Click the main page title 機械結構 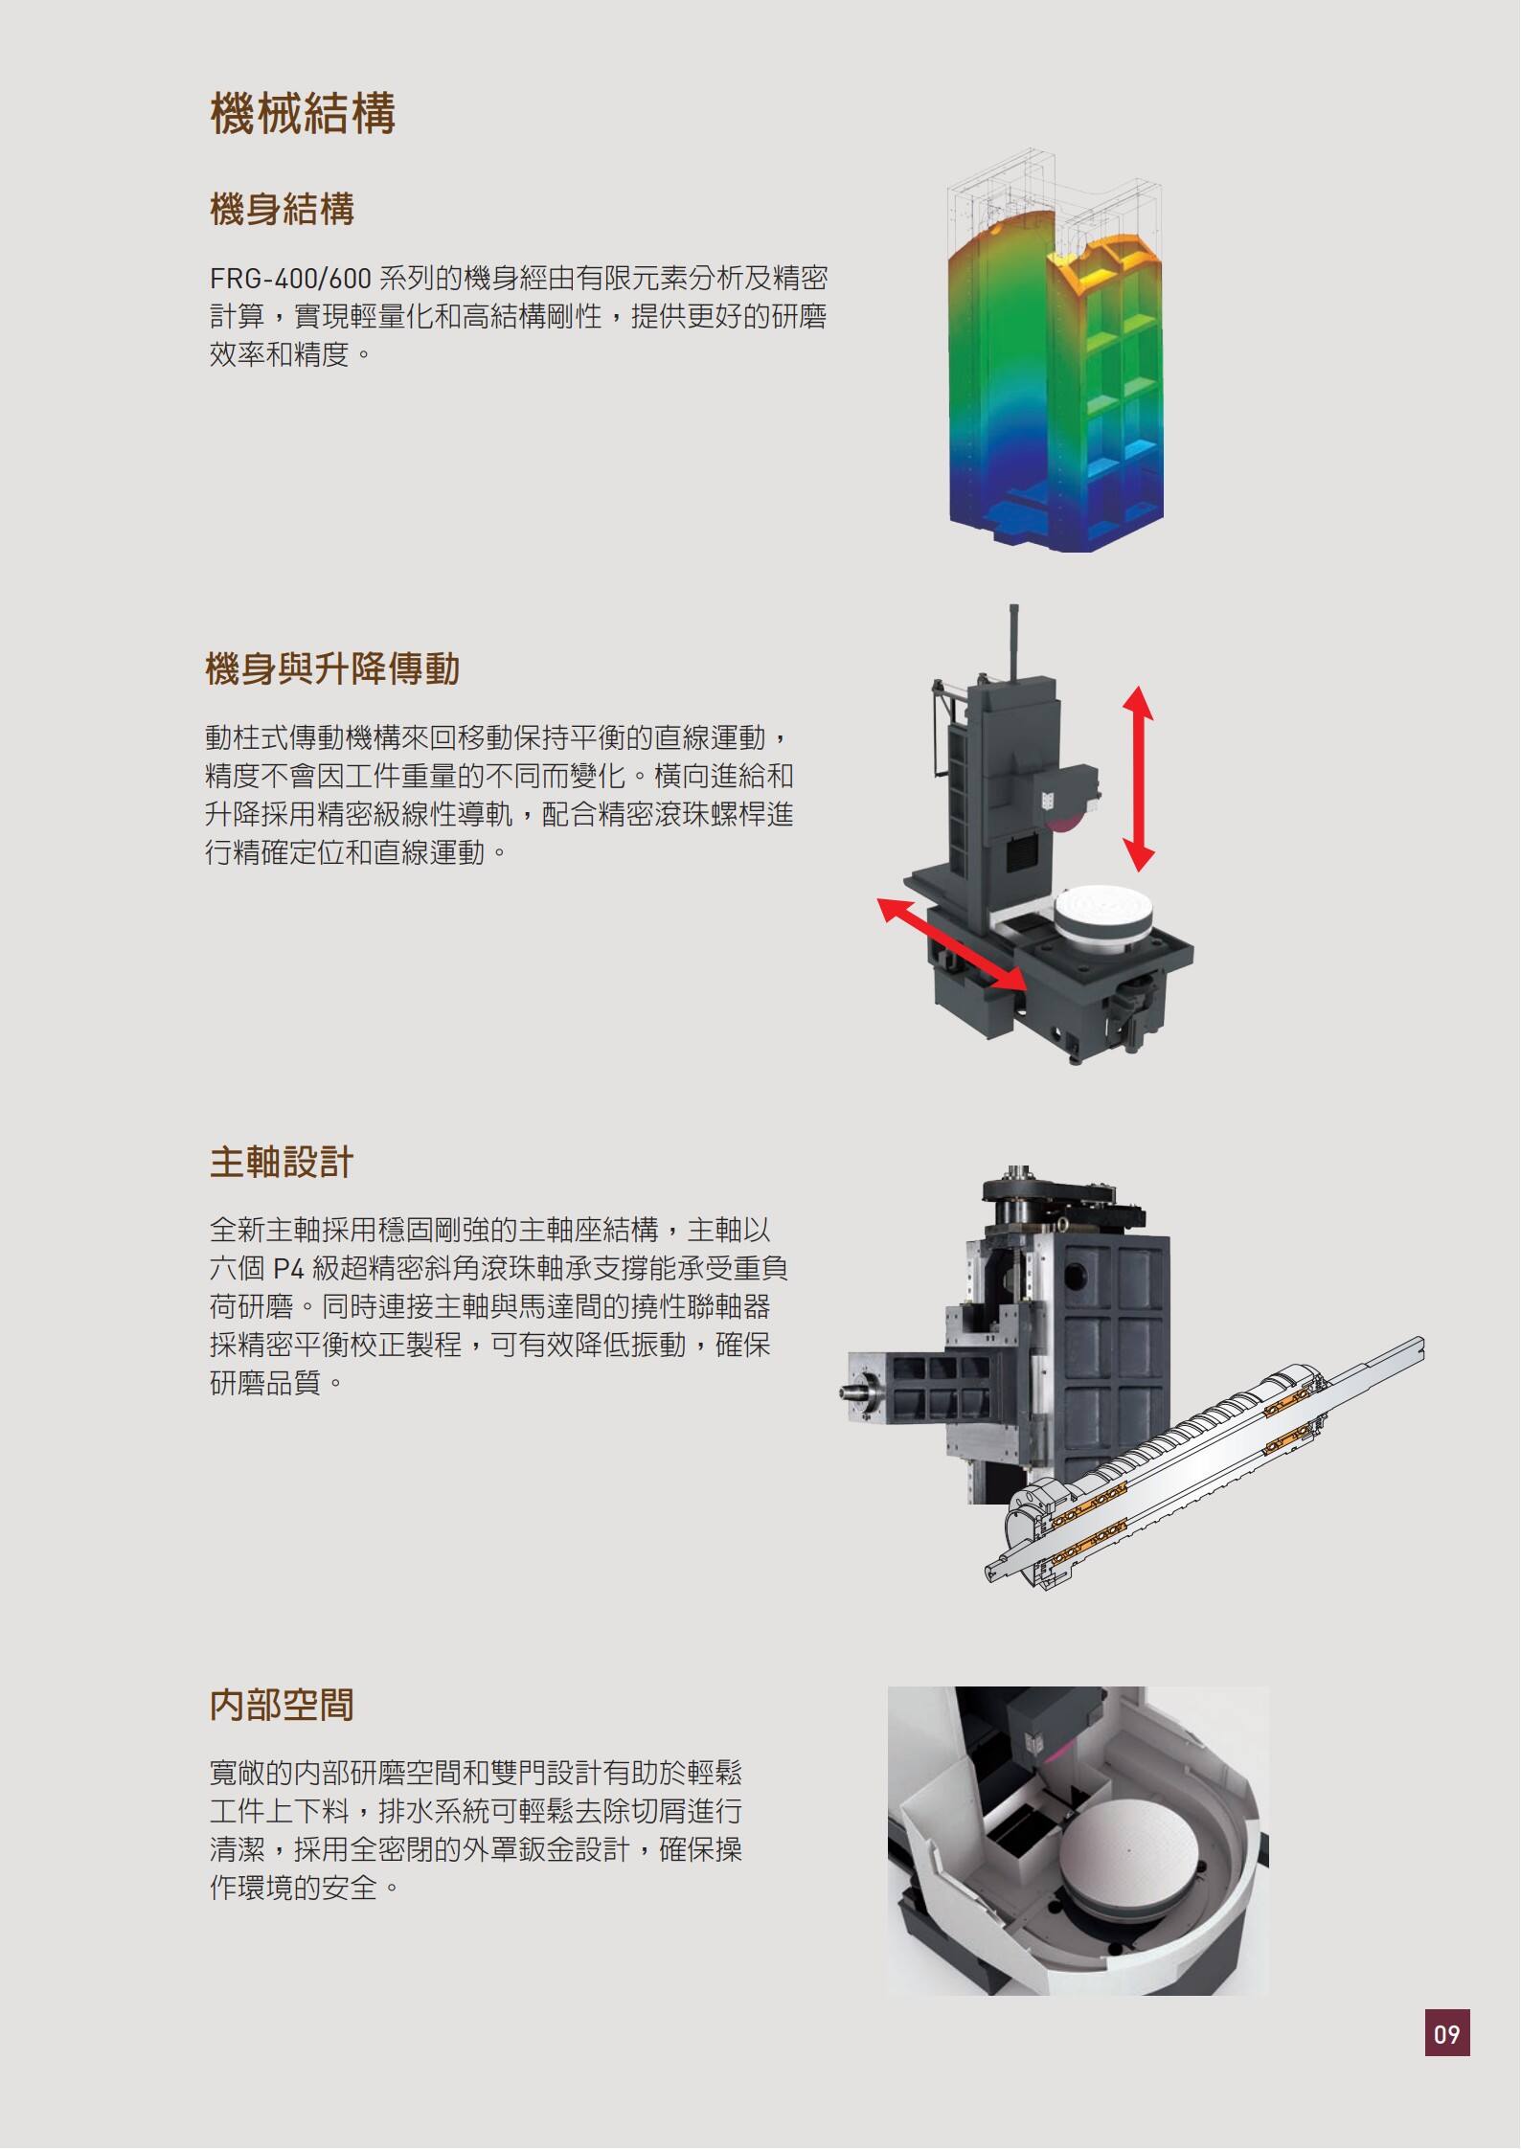click(x=303, y=114)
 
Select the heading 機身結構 click(x=282, y=209)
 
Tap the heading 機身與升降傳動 click(x=332, y=668)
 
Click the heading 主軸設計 click(x=282, y=1163)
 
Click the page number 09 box click(x=1446, y=2032)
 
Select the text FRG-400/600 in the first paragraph click(x=290, y=279)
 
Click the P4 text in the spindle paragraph click(x=288, y=1269)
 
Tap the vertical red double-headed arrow click(x=1138, y=779)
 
